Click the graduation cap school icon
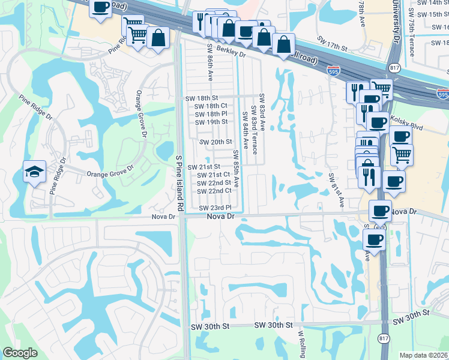[x=34, y=172]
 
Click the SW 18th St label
[x=201, y=98]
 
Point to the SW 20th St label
[x=215, y=142]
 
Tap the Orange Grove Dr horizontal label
[x=109, y=175]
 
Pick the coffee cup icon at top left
[x=101, y=8]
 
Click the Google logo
[x=20, y=353]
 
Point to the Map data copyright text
[x=424, y=355]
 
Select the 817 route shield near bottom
[x=383, y=339]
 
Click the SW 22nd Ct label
[x=214, y=191]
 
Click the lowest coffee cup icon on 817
[x=375, y=240]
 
